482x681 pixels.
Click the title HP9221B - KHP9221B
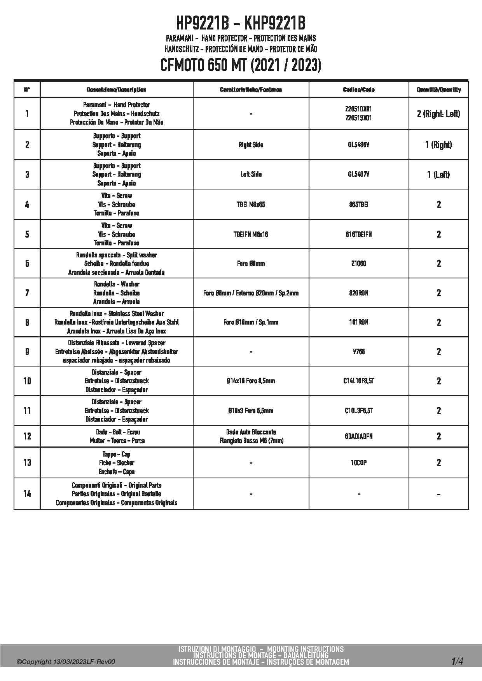pos(241,24)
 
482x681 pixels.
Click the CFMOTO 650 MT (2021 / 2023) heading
pos(241,66)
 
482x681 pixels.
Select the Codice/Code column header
pos(358,90)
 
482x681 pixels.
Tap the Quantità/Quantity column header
pos(438,90)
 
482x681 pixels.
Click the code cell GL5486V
pos(358,145)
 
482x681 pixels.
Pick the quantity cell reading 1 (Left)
pos(438,175)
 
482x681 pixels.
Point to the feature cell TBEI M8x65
pos(251,205)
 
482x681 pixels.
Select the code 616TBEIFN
pos(358,235)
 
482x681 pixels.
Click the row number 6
pos(27,264)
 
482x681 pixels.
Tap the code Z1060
pos(358,264)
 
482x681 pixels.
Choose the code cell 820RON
pos(358,293)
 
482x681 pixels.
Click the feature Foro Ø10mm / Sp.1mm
pos(251,322)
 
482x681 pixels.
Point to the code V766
pos(358,352)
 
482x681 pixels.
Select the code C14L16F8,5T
pos(358,381)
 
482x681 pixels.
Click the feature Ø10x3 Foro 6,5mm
pos(251,411)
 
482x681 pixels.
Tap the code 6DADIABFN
pos(358,436)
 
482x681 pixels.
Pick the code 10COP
pos(358,463)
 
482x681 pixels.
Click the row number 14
pos(27,494)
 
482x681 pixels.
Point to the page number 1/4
pos(457,661)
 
